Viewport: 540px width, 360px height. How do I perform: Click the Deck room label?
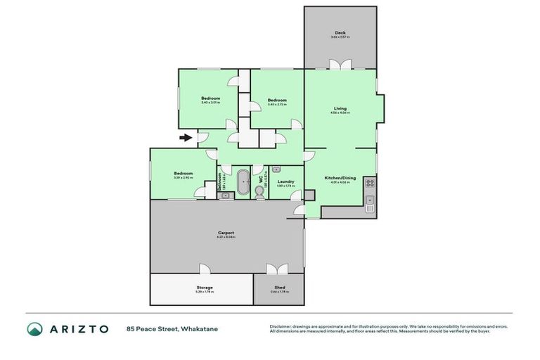click(x=340, y=32)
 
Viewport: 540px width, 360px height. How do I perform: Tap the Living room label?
click(x=340, y=108)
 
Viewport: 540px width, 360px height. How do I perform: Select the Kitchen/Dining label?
click(x=340, y=178)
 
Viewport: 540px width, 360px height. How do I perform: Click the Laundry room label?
click(x=285, y=181)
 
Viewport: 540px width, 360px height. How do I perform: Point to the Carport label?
click(x=226, y=233)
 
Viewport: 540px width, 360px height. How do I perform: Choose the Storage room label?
click(x=205, y=287)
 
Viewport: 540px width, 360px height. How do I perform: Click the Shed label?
click(x=279, y=287)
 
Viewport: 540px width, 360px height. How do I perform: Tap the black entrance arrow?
click(x=186, y=138)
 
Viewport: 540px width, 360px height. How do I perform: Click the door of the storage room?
click(x=205, y=269)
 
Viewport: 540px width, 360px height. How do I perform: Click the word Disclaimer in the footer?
click(x=282, y=326)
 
